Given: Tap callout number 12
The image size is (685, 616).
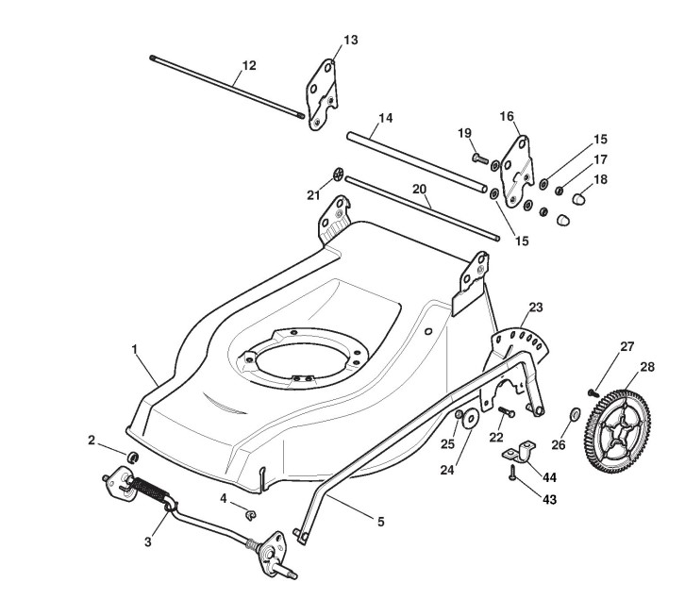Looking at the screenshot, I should [249, 65].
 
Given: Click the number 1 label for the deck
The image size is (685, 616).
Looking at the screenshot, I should [135, 349].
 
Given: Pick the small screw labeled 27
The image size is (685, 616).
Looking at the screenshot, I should [594, 388].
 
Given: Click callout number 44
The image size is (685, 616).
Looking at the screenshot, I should [548, 476].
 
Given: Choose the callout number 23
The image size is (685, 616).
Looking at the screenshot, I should [536, 308].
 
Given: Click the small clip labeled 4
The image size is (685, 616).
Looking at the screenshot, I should [251, 513].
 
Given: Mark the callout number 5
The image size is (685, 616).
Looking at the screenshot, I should [380, 521].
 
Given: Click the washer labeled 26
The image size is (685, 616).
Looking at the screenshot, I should [572, 415].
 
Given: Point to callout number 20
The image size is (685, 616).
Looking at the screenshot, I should [419, 188].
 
